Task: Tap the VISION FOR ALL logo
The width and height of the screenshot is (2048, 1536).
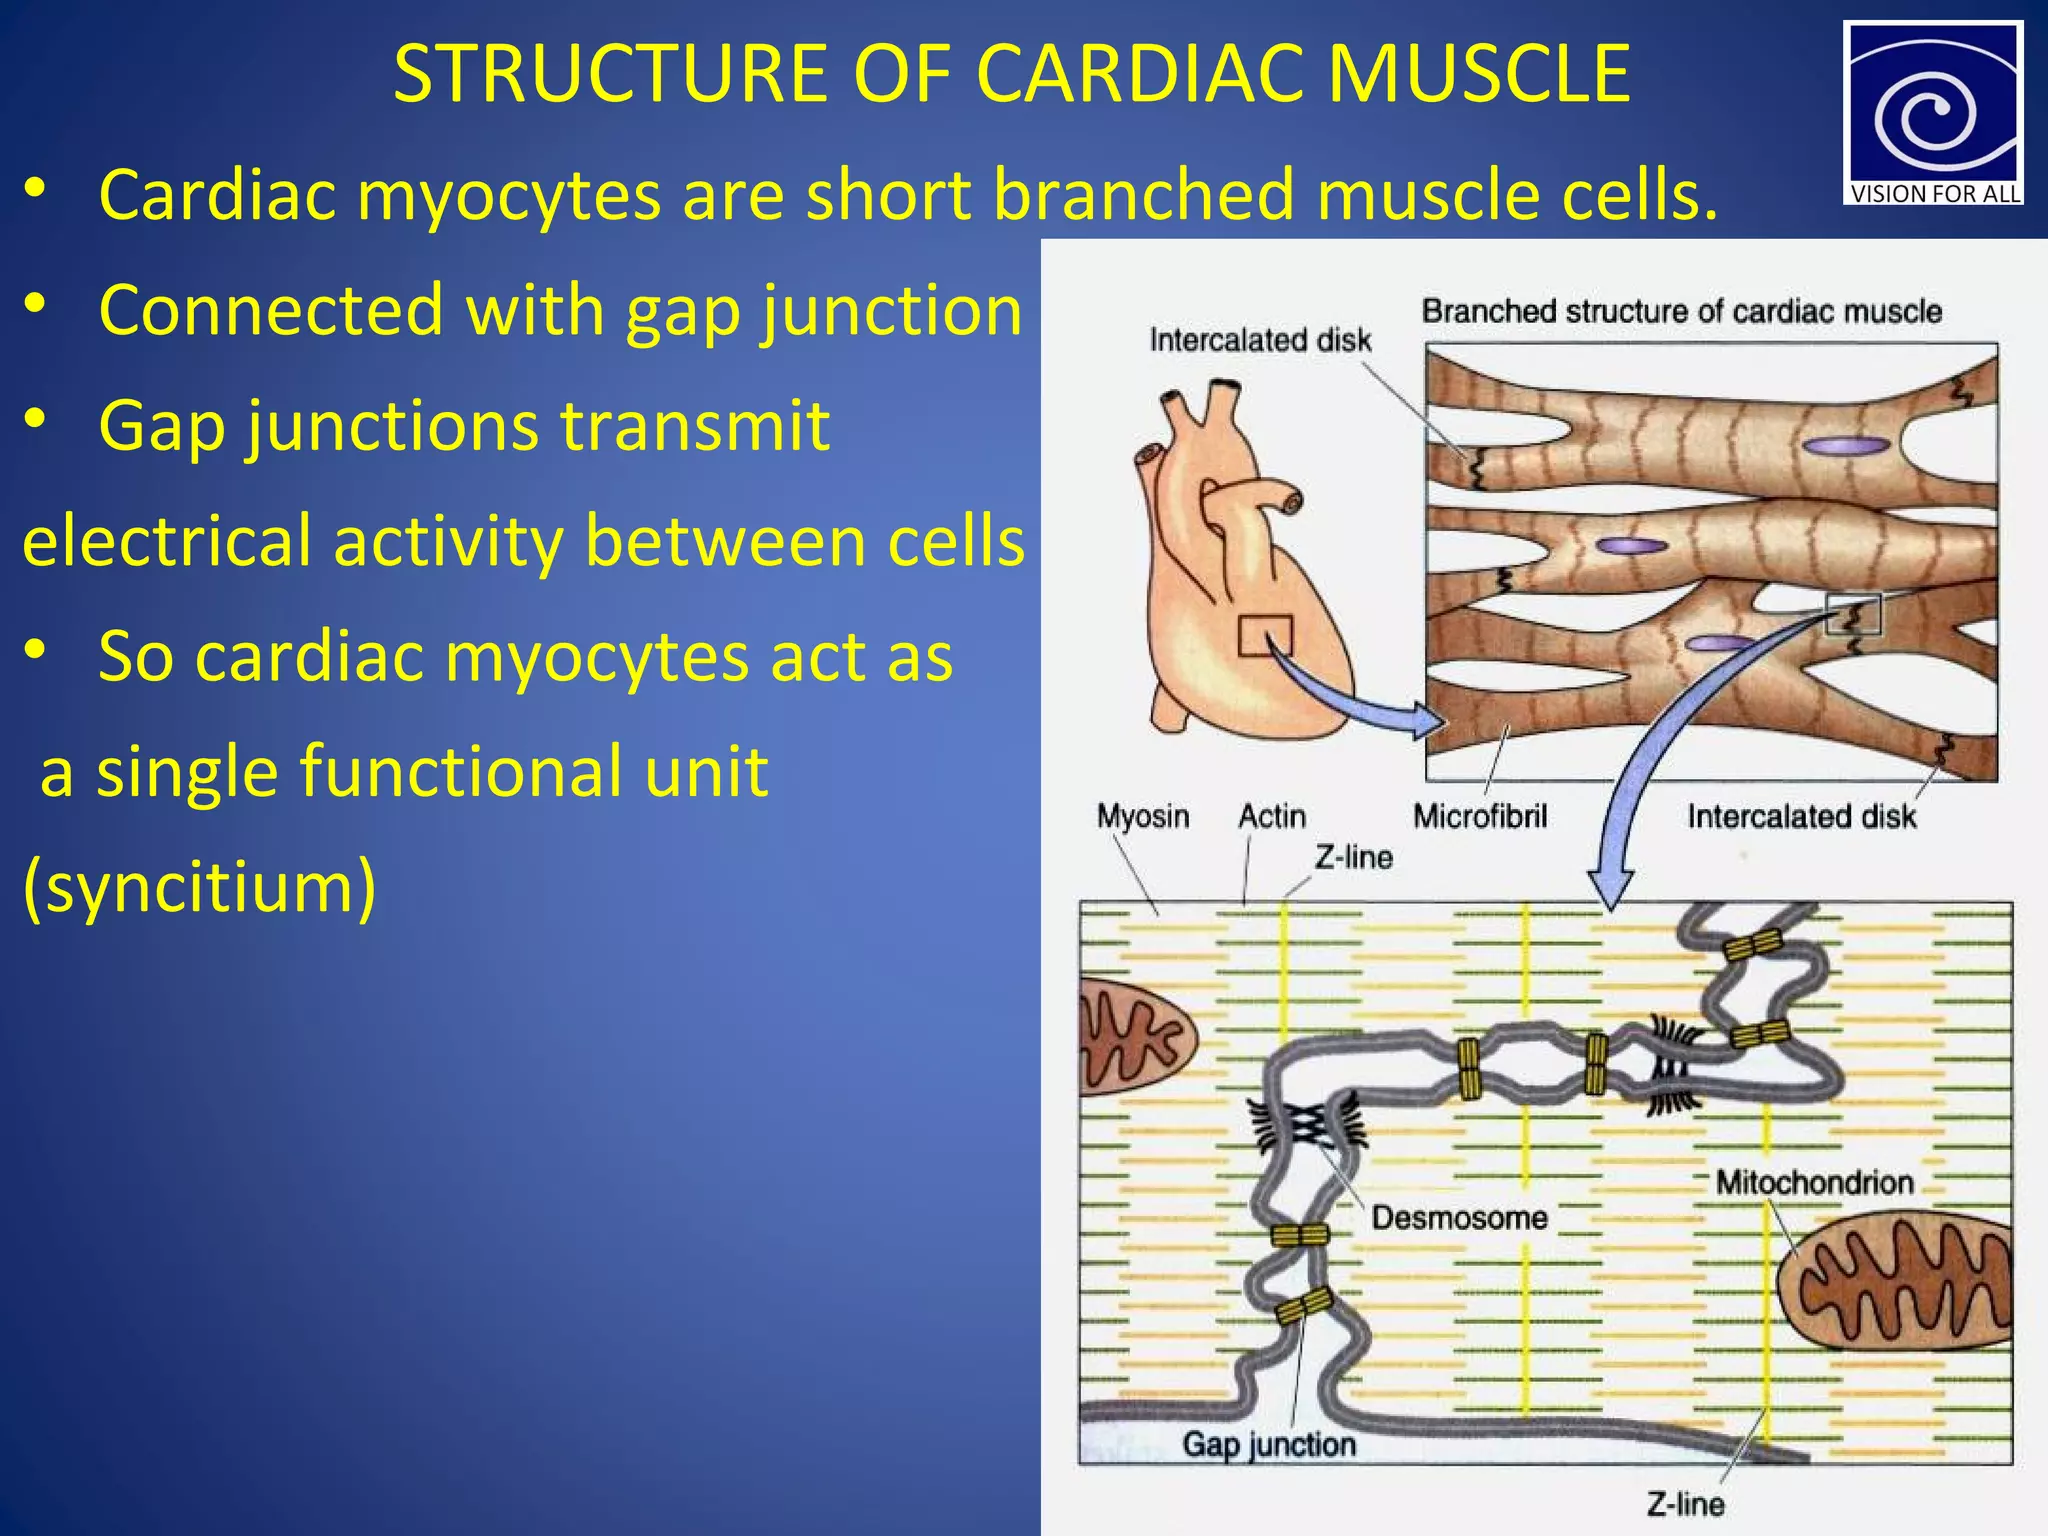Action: (1932, 113)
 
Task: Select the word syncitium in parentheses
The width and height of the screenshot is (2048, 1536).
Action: (199, 887)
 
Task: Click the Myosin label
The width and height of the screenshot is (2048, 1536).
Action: (1143, 817)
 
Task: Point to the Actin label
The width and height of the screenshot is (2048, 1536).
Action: (1272, 817)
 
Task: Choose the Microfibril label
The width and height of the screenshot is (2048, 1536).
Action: (1480, 817)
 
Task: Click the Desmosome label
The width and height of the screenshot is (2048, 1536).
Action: (1459, 1218)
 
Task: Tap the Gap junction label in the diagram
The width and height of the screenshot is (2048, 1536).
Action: (1269, 1444)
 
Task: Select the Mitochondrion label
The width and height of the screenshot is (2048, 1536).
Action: (1814, 1183)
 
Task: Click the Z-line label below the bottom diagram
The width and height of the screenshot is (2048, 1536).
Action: (1685, 1504)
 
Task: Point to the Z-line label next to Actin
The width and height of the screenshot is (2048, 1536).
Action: (1353, 858)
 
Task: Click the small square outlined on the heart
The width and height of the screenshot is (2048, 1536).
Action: (1265, 636)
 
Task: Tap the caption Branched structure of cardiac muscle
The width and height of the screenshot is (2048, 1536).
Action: (1681, 311)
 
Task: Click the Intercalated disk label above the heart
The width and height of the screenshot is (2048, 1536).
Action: (1260, 341)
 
